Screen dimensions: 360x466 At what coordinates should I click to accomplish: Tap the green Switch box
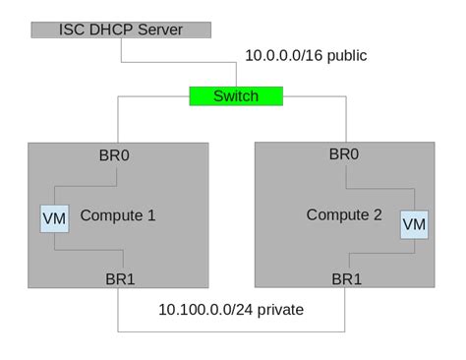[x=236, y=95]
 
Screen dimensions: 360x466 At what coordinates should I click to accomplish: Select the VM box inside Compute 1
[x=55, y=217]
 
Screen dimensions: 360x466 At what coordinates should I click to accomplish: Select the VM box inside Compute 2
[x=415, y=224]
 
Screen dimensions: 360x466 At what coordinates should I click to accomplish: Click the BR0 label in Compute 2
[x=344, y=153]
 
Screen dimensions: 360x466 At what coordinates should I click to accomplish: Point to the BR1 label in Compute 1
[x=119, y=278]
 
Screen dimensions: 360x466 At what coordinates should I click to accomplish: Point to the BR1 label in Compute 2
[x=346, y=278]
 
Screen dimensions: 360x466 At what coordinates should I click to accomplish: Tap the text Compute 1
[x=117, y=215]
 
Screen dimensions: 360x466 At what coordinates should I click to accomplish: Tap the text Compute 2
[x=343, y=214]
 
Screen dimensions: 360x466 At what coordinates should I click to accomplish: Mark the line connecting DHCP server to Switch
[x=177, y=63]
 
